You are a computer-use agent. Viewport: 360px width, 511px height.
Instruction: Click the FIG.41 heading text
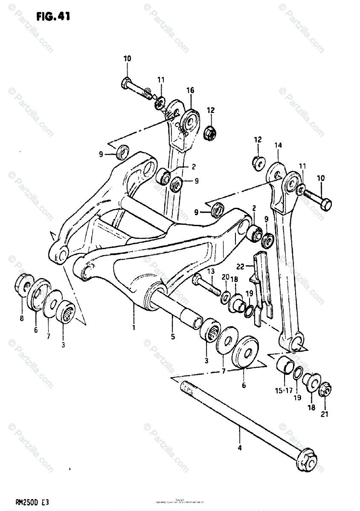click(x=53, y=17)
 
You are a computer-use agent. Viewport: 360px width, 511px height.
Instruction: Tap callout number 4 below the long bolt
click(x=240, y=448)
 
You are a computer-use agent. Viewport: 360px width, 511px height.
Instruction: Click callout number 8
click(x=22, y=317)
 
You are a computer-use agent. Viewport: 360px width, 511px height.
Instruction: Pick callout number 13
click(x=210, y=271)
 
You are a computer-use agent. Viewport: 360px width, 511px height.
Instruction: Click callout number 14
click(x=278, y=146)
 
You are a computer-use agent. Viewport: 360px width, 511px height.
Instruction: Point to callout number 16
click(x=190, y=90)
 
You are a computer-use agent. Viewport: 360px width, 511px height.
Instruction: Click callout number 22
click(x=240, y=267)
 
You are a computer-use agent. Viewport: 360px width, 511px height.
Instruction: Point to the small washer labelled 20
click(x=225, y=297)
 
